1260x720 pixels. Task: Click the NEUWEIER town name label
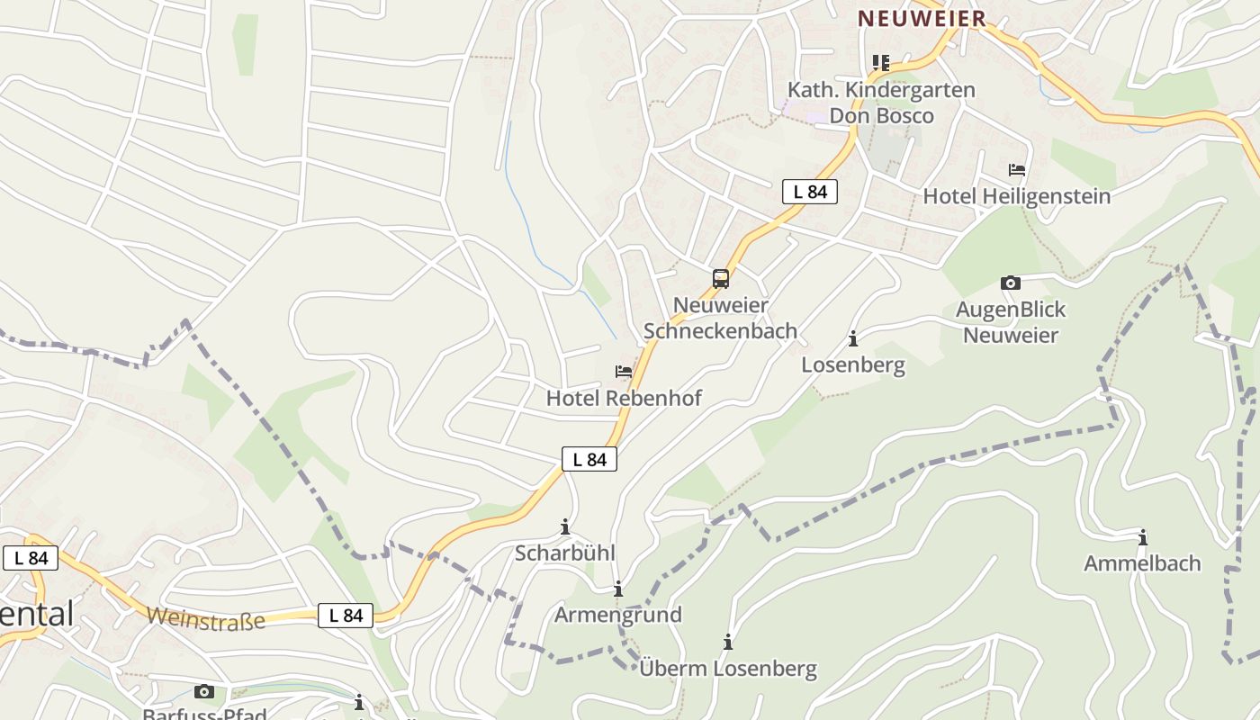click(922, 18)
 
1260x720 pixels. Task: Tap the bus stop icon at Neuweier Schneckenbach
click(721, 279)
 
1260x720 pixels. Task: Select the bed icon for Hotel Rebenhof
click(623, 371)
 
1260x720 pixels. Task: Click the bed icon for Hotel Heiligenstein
click(1017, 169)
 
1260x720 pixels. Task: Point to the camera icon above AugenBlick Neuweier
click(1010, 283)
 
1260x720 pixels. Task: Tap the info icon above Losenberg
click(853, 339)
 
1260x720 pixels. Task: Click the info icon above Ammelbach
click(1142, 537)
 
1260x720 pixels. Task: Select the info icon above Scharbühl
click(565, 526)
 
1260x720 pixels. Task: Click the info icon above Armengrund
click(617, 589)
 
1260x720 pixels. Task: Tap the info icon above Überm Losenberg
click(727, 643)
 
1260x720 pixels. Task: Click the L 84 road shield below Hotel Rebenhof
click(589, 459)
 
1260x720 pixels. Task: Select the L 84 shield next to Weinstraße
click(345, 616)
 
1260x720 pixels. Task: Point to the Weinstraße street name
click(205, 618)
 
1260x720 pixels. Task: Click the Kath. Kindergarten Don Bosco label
click(881, 103)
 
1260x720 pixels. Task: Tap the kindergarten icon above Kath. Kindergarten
click(880, 62)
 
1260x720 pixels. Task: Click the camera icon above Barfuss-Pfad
click(204, 691)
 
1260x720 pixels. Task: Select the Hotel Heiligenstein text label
click(1016, 196)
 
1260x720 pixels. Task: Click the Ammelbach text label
click(1141, 563)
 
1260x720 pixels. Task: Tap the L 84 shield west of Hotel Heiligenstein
click(810, 192)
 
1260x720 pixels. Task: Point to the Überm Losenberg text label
click(727, 669)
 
